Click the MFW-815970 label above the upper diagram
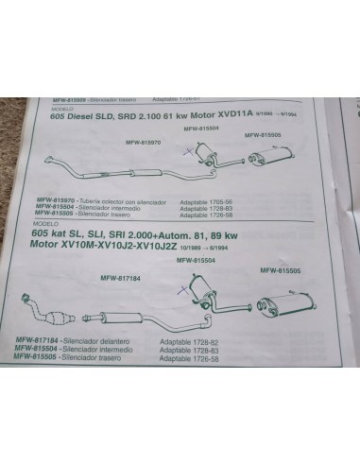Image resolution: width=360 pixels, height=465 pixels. pyautogui.click(x=143, y=142)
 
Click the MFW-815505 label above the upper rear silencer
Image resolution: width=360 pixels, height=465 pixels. pyautogui.click(x=262, y=135)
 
